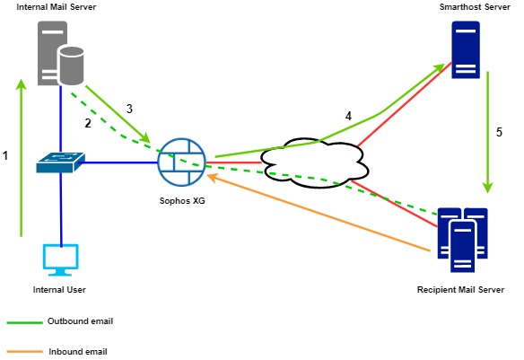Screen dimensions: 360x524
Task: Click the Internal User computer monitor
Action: click(x=61, y=258)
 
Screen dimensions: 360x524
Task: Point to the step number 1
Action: click(x=6, y=155)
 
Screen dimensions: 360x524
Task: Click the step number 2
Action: click(x=88, y=121)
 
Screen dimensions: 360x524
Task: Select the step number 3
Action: click(x=129, y=108)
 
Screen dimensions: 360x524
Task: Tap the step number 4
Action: click(x=349, y=117)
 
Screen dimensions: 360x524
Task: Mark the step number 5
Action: click(x=499, y=131)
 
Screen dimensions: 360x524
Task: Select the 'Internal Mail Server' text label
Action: click(x=56, y=7)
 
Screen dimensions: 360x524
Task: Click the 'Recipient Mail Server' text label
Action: click(x=461, y=290)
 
